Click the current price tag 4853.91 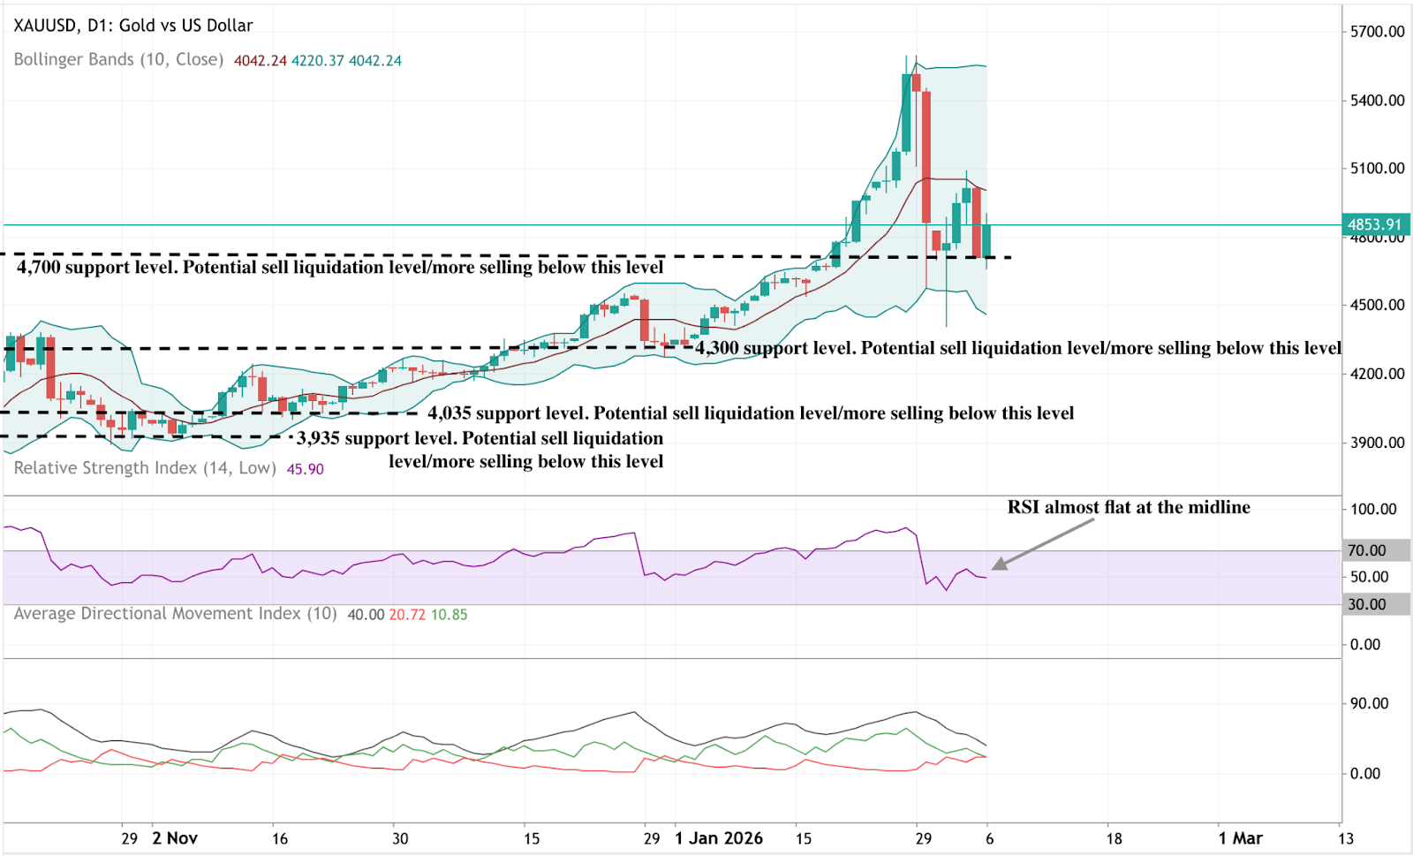[x=1375, y=224]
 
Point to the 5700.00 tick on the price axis [x=1377, y=32]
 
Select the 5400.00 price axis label [x=1377, y=101]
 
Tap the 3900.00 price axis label [x=1377, y=443]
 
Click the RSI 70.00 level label [x=1366, y=550]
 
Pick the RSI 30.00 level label [x=1366, y=604]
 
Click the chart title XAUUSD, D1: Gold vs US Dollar [x=133, y=26]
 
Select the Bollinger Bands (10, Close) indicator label [x=118, y=60]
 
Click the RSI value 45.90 [x=305, y=469]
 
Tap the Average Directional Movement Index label [x=175, y=614]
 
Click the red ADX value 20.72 [x=407, y=615]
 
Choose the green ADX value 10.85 [x=449, y=615]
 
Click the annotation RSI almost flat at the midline [x=1129, y=507]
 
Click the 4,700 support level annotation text [x=340, y=268]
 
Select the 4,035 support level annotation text [x=751, y=413]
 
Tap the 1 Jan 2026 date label [x=718, y=838]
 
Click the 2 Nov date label [x=175, y=838]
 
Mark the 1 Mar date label [x=1240, y=838]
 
